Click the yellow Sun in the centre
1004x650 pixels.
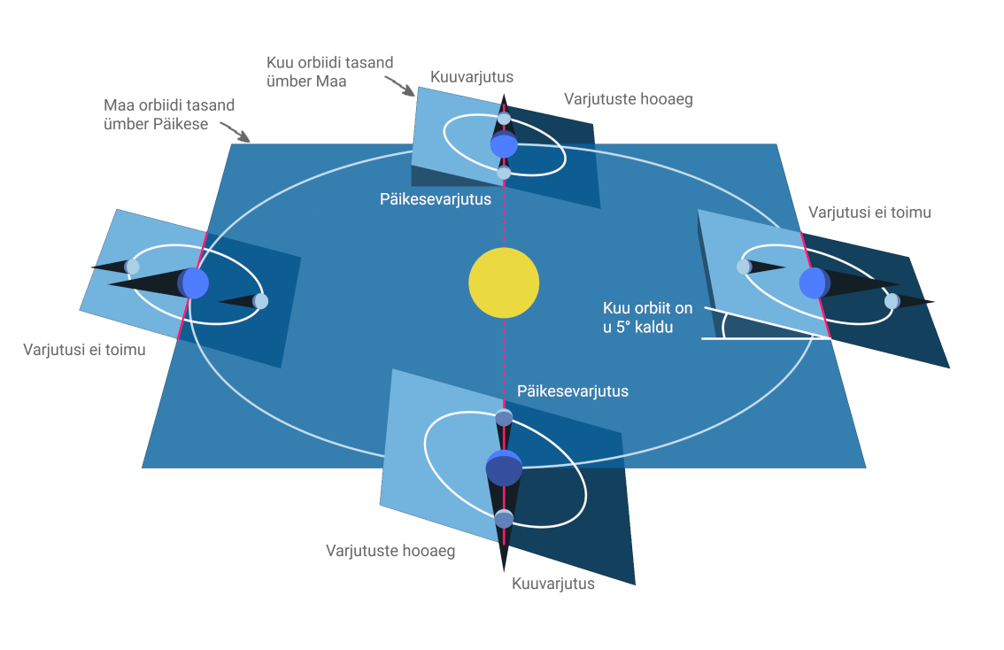[x=504, y=282]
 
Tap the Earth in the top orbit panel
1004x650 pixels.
[x=504, y=144]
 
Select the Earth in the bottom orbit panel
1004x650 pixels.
[x=504, y=468]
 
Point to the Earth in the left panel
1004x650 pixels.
[x=194, y=283]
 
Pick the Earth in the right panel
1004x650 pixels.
[x=814, y=283]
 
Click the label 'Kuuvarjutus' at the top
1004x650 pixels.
[x=472, y=77]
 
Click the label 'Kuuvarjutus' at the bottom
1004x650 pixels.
[x=553, y=584]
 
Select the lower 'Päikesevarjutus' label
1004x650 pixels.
[x=573, y=391]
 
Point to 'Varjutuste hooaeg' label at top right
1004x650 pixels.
[x=628, y=99]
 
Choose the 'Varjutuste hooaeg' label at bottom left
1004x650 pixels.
[x=390, y=551]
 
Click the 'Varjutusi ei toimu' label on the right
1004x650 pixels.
[x=869, y=213]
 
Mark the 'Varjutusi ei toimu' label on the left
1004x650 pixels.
[x=84, y=350]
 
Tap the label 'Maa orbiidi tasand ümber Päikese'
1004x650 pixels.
[x=169, y=115]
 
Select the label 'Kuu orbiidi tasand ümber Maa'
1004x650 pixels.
[x=329, y=72]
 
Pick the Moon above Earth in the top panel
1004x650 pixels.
[x=504, y=119]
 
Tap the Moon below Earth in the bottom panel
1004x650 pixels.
[x=504, y=519]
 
